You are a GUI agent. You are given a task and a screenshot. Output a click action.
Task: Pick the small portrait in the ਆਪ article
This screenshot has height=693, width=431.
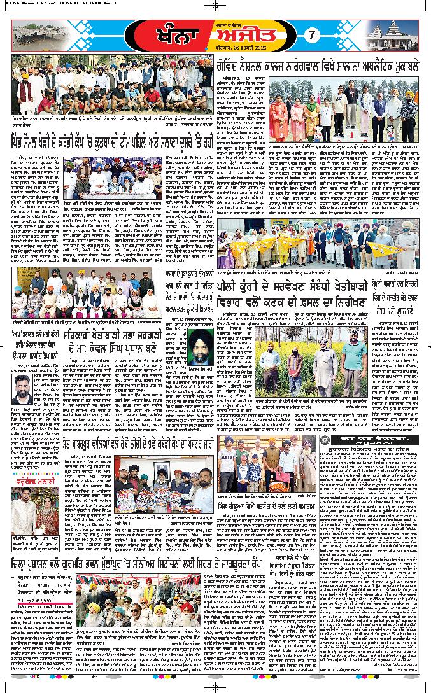[22, 388]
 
